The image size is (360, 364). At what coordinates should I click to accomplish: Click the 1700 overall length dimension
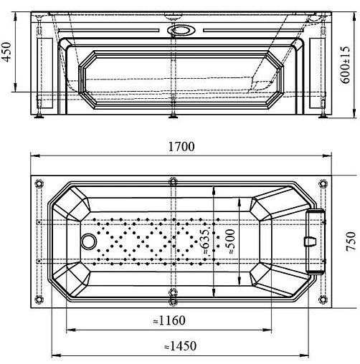click(x=181, y=146)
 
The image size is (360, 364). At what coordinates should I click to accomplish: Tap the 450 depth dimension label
click(x=6, y=52)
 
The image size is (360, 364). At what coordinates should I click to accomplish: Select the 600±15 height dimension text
click(x=346, y=64)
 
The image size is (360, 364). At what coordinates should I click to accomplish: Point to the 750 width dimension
click(x=351, y=241)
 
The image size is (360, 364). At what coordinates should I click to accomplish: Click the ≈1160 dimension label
click(x=169, y=320)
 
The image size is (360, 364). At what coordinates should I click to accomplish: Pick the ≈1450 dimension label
click(x=181, y=346)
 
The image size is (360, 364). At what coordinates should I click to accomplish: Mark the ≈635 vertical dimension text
click(x=206, y=241)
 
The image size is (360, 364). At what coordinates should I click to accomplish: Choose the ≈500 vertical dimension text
click(x=230, y=241)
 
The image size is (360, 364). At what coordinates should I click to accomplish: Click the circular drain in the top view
click(x=89, y=241)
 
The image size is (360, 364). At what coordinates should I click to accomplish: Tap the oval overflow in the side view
click(x=181, y=30)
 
